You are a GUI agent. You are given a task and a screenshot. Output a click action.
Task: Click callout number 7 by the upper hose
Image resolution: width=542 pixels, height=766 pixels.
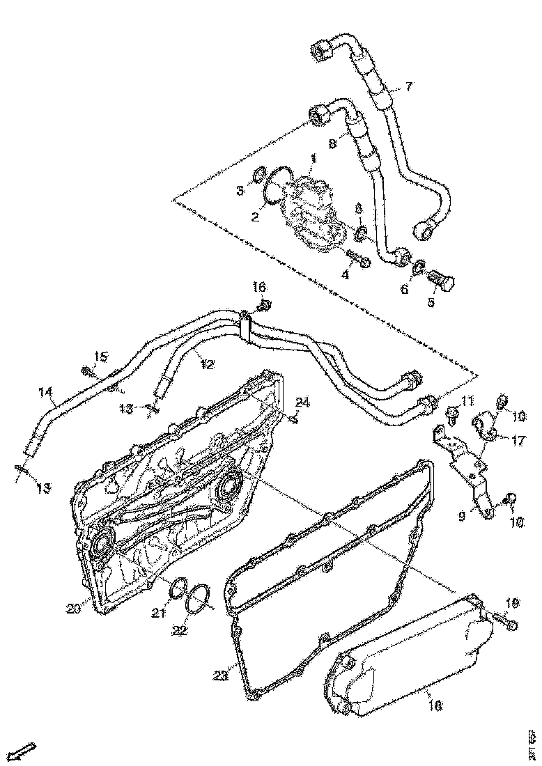pyautogui.click(x=409, y=87)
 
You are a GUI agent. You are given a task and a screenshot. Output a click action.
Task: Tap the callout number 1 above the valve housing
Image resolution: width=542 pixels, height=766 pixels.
pyautogui.click(x=313, y=159)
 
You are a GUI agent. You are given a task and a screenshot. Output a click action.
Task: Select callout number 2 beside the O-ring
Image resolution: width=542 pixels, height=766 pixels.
pyautogui.click(x=255, y=217)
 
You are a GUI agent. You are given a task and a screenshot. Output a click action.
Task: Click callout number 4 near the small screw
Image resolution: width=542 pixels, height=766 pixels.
pyautogui.click(x=344, y=274)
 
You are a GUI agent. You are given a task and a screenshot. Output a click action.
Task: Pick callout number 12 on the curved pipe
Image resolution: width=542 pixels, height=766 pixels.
pyautogui.click(x=207, y=363)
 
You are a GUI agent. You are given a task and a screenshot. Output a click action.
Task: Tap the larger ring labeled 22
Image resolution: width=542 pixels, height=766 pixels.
pyautogui.click(x=199, y=597)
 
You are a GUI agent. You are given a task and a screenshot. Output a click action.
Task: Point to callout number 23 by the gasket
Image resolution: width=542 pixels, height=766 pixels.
pyautogui.click(x=220, y=675)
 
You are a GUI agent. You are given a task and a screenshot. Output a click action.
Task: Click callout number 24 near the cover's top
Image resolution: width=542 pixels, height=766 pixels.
pyautogui.click(x=302, y=402)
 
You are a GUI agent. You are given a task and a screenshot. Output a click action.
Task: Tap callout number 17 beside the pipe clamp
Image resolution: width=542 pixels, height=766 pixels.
pyautogui.click(x=520, y=440)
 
